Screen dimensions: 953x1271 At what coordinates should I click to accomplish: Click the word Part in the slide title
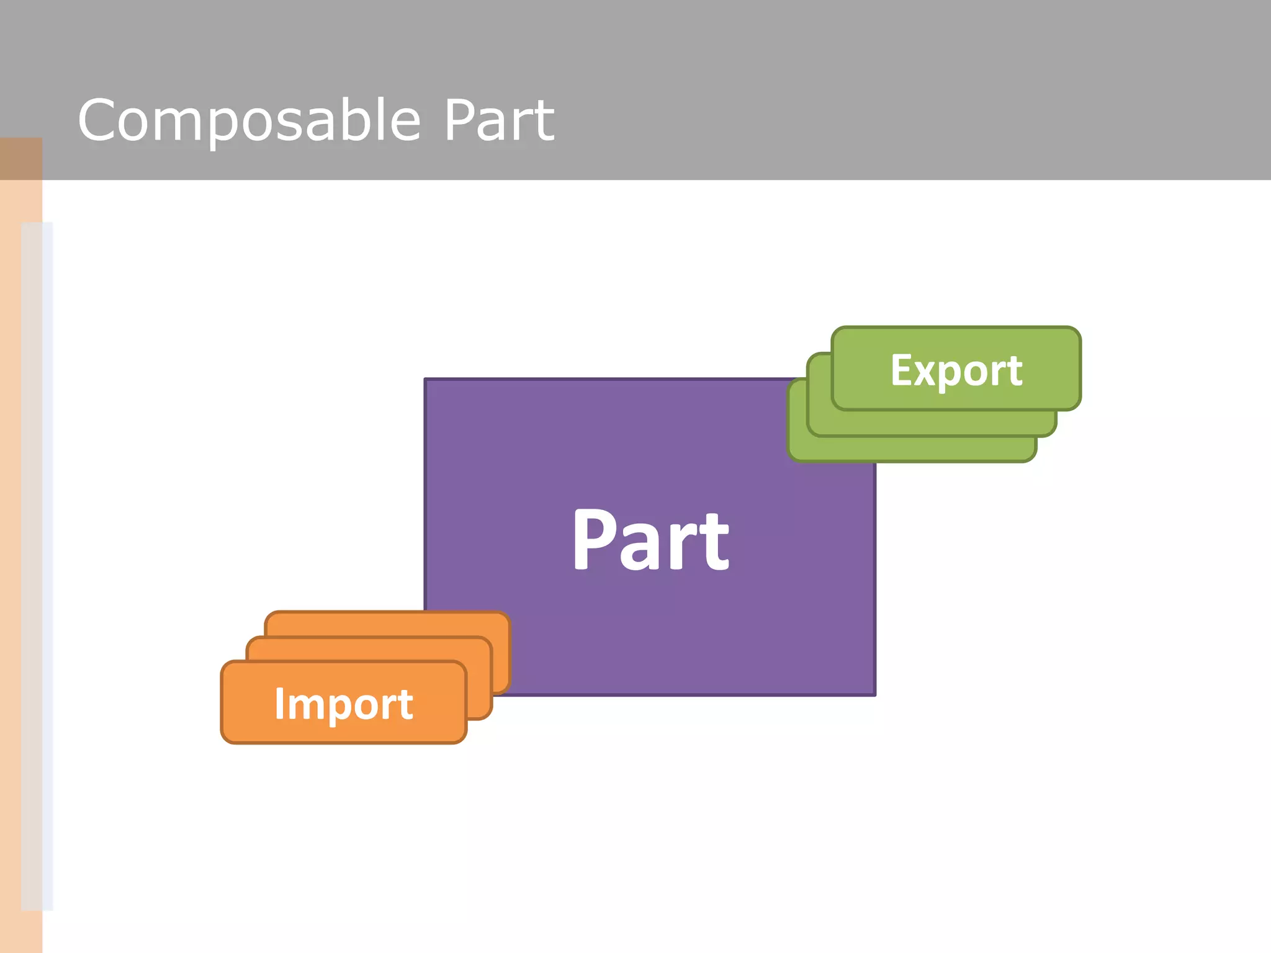[498, 120]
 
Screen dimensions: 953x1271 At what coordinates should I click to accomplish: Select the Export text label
[956, 370]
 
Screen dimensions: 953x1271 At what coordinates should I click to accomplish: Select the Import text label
[344, 704]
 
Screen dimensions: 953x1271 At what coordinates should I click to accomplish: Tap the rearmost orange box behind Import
[388, 624]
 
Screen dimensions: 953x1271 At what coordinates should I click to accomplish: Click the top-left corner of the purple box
[426, 380]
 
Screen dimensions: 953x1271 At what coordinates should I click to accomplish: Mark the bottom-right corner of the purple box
[874, 694]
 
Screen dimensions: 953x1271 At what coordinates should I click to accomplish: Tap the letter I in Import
[279, 704]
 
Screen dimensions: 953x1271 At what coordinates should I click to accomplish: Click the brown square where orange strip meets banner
[21, 159]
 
